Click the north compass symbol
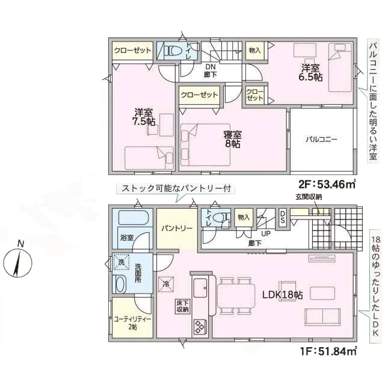pyautogui.click(x=18, y=262)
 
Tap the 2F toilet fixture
pyautogui.click(x=173, y=51)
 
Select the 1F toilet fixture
pyautogui.click(x=220, y=217)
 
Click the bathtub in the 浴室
pyautogui.click(x=134, y=218)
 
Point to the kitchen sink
pyautogui.click(x=201, y=288)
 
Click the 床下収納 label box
pyautogui.click(x=183, y=306)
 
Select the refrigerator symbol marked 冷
pyautogui.click(x=166, y=284)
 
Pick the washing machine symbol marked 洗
pyautogui.click(x=122, y=262)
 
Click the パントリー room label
pyautogui.click(x=177, y=229)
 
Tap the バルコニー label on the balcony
pyautogui.click(x=321, y=140)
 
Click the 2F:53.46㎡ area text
pyautogui.click(x=327, y=184)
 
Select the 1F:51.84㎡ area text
pyautogui.click(x=328, y=351)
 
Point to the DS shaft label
pyautogui.click(x=282, y=217)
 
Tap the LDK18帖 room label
pyautogui.click(x=282, y=295)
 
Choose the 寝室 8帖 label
pyautogui.click(x=232, y=139)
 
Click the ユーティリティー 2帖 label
pyautogui.click(x=133, y=323)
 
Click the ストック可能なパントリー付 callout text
pyautogui.click(x=176, y=188)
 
